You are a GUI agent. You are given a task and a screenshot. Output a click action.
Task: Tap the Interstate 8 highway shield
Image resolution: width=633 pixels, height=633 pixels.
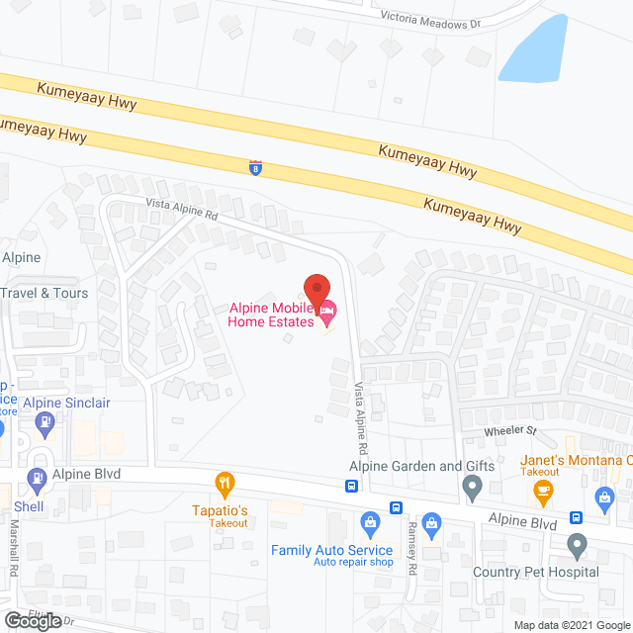coord(256,168)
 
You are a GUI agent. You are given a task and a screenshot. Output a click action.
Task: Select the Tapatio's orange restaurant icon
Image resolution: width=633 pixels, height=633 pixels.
coord(226,484)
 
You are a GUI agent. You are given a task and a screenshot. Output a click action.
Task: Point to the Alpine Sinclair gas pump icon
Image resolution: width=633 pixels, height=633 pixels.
coord(44,423)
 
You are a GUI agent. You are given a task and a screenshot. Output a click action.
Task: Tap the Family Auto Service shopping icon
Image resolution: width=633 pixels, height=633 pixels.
coord(370,521)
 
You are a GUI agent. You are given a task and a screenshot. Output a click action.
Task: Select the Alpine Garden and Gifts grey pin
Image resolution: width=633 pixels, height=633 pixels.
coord(473,487)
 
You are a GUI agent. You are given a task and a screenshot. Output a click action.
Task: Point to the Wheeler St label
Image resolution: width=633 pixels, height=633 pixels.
coord(509,431)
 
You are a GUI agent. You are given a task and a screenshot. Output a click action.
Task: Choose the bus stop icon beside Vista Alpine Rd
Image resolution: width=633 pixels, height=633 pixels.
coord(351,486)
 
